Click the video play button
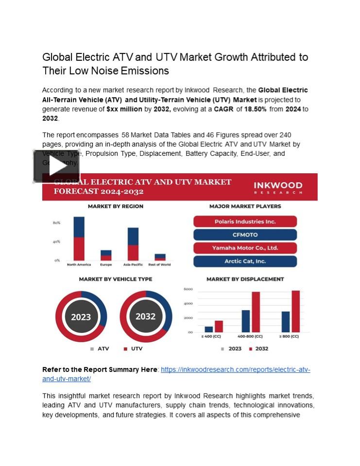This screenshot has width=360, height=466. point(56,166)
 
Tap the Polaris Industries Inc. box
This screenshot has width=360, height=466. point(245,221)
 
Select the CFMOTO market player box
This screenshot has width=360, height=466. point(245,235)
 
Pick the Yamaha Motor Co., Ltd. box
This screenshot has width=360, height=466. point(245,248)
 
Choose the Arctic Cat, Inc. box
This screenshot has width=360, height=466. point(245,261)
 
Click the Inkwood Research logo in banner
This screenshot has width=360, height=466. point(278,187)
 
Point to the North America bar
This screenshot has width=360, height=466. point(79,238)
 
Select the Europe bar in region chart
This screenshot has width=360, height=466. point(106,255)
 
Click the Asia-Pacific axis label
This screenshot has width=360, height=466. point(133,265)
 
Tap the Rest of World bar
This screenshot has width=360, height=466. point(160,257)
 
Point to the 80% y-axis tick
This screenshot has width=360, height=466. point(56,223)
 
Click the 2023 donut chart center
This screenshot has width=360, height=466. point(81,317)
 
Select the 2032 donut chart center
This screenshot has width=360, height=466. point(145,316)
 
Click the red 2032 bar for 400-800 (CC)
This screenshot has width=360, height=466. point(256,312)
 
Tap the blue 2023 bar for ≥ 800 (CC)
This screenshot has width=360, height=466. point(285,321)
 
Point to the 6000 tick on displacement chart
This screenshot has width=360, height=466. point(188,289)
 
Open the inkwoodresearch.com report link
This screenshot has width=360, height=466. point(235,370)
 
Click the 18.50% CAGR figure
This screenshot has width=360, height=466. point(255,109)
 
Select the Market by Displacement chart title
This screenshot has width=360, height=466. point(245,279)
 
